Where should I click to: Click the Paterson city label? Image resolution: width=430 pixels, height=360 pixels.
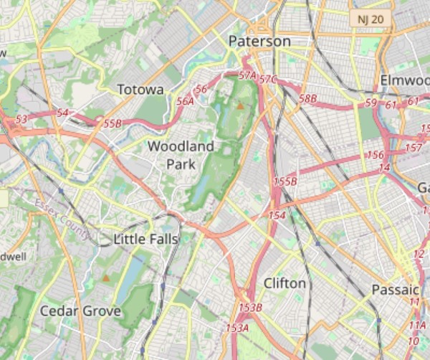[259, 42]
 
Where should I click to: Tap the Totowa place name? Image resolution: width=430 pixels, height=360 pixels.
[140, 90]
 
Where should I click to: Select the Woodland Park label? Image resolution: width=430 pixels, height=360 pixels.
[181, 155]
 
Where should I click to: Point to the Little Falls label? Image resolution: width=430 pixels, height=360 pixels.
[145, 239]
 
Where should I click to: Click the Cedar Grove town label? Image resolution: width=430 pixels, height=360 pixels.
[80, 311]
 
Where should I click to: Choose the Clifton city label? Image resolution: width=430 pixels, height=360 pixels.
[285, 283]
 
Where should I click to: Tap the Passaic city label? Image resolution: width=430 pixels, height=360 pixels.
[395, 290]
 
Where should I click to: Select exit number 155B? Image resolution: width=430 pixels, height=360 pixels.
[285, 182]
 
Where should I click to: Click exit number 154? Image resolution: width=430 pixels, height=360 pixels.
[277, 215]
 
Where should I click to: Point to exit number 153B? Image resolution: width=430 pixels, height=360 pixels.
[251, 308]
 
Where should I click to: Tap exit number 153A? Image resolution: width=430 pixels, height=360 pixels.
[236, 328]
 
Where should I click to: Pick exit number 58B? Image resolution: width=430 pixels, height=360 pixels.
[307, 98]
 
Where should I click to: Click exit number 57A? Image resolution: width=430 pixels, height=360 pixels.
[247, 75]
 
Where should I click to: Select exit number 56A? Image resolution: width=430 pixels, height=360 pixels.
[185, 102]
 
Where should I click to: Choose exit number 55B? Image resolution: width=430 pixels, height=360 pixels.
[113, 124]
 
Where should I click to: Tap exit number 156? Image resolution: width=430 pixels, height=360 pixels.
[375, 155]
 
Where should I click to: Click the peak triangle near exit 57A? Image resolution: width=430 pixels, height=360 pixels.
[240, 106]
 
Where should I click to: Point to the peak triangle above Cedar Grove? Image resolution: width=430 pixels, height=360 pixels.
[106, 278]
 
